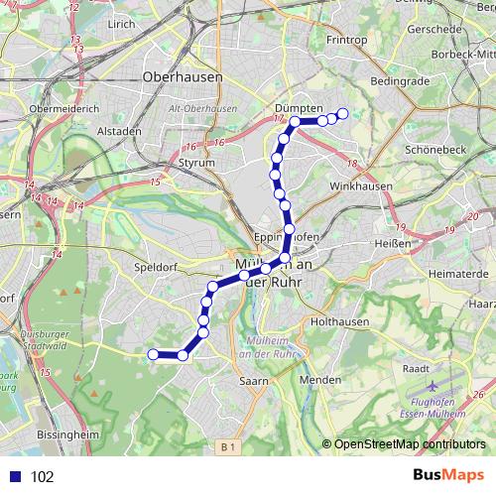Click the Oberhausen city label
tap(183, 75)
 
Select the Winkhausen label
tap(361, 186)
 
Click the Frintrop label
tap(347, 41)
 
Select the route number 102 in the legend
tap(42, 476)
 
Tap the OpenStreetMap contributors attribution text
tap(410, 443)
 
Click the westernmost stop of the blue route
tap(153, 354)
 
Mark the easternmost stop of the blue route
tap(343, 113)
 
